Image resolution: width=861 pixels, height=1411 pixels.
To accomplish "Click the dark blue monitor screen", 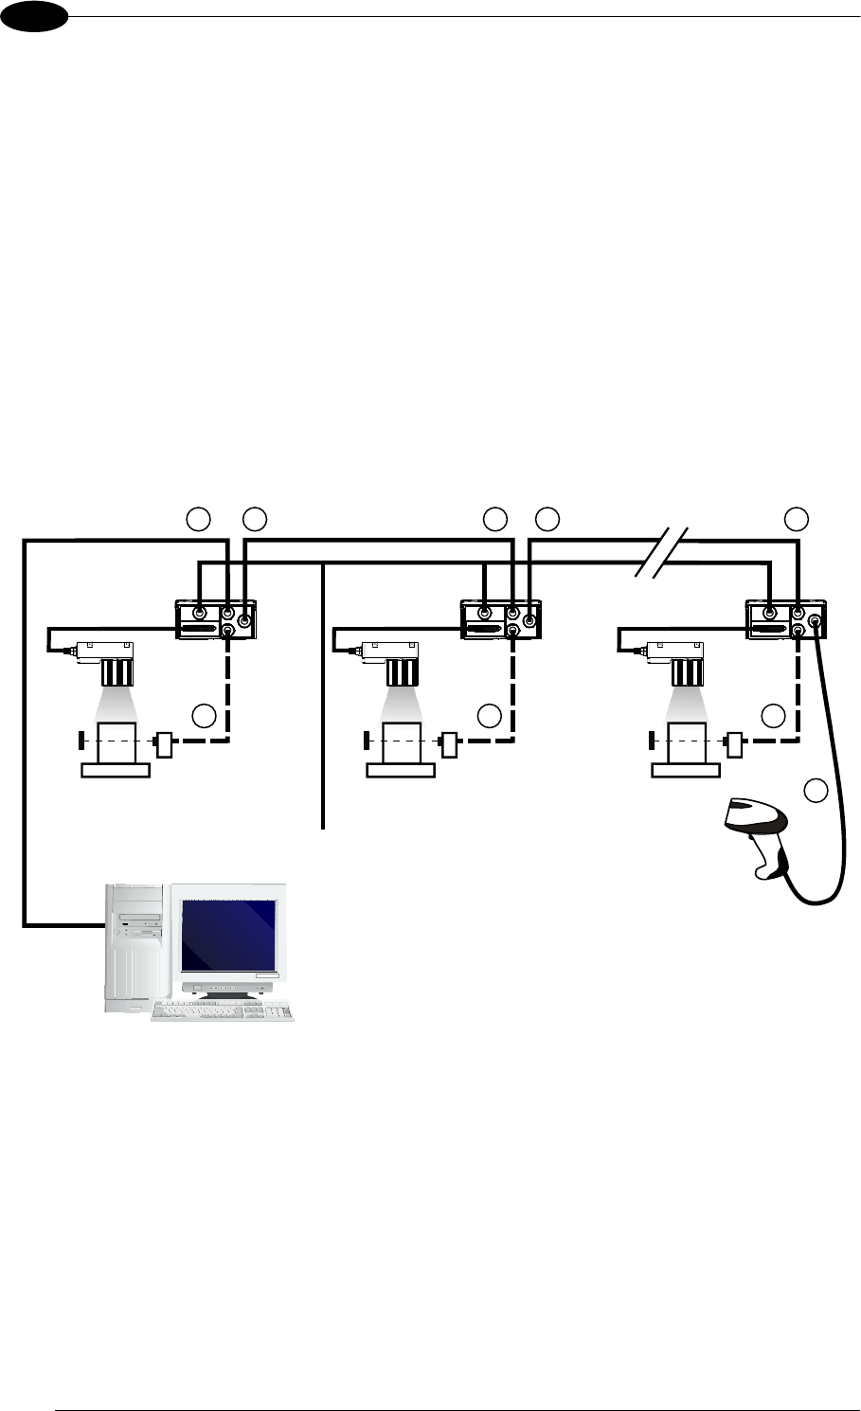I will [229, 935].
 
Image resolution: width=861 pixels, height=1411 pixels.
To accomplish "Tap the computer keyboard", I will [223, 1010].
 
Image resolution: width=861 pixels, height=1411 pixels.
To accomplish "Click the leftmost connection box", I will [217, 619].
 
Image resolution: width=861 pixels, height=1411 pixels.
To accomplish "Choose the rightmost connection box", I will [787, 619].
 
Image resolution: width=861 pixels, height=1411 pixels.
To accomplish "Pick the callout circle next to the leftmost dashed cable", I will [204, 716].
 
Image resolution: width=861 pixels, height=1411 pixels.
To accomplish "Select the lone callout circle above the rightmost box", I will [797, 518].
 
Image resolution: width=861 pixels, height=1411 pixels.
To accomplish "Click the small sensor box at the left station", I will [163, 744].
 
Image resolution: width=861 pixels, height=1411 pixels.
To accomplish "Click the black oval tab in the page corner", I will [33, 16].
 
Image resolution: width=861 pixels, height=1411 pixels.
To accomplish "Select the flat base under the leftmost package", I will [116, 770].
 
